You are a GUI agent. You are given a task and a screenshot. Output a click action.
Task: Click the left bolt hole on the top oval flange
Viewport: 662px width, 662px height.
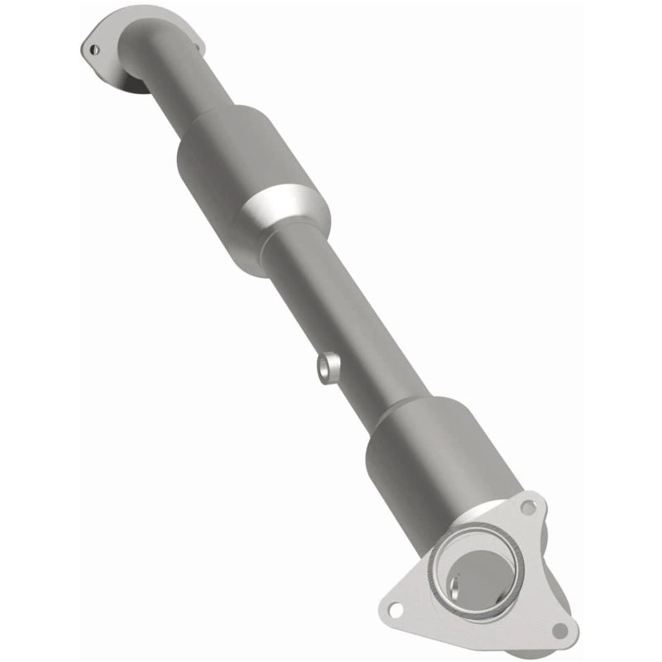click(93, 48)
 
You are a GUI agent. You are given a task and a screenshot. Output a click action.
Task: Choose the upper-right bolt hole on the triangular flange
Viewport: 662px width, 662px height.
click(529, 506)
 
